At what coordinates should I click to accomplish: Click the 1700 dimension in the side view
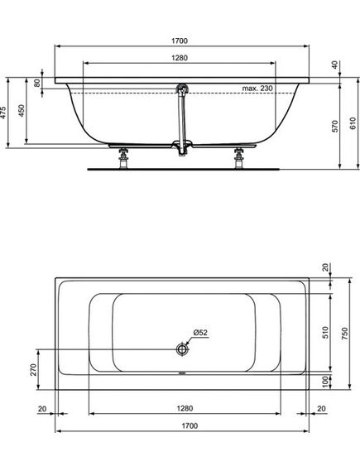pyautogui.click(x=180, y=41)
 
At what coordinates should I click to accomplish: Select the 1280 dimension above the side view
pyautogui.click(x=180, y=58)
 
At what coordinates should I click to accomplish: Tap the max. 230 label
pyautogui.click(x=257, y=89)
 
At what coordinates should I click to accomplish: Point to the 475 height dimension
pyautogui.click(x=3, y=113)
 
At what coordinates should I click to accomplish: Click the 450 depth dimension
pyautogui.click(x=22, y=111)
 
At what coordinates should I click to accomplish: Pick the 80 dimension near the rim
pyautogui.click(x=37, y=83)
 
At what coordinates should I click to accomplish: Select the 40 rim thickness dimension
pyautogui.click(x=335, y=65)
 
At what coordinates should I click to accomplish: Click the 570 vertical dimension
pyautogui.click(x=335, y=126)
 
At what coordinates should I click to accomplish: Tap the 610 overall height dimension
pyautogui.click(x=353, y=123)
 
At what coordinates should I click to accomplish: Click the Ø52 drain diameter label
pyautogui.click(x=200, y=333)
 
